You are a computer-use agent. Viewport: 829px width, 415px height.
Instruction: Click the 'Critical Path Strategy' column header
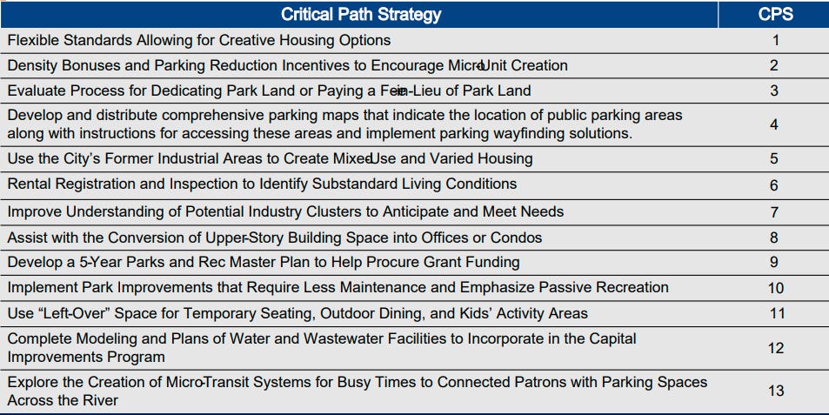tap(361, 15)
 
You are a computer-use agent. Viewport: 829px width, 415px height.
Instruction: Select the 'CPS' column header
tap(775, 15)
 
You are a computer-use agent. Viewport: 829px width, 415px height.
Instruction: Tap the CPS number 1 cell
tap(775, 40)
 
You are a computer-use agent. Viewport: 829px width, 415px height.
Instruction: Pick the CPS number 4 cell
tap(775, 124)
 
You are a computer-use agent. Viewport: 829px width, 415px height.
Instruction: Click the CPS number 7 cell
tap(775, 212)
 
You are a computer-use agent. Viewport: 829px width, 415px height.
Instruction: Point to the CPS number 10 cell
tap(775, 288)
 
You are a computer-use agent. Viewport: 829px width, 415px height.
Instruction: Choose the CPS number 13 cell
tap(775, 391)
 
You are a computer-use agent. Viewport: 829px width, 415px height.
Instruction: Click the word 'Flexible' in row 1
tap(33, 40)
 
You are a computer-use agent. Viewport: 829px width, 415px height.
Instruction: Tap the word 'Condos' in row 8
tap(518, 238)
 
